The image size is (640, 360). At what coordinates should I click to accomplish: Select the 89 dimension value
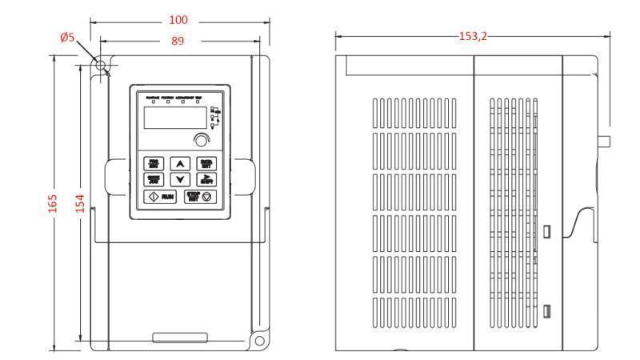click(177, 40)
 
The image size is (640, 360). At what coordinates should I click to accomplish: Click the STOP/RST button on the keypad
click(198, 195)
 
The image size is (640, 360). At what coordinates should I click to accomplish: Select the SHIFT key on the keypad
click(206, 179)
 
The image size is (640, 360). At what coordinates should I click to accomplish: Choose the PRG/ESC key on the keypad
click(152, 163)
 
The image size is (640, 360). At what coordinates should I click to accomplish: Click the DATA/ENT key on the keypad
click(206, 163)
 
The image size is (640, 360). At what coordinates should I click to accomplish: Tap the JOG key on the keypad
click(152, 179)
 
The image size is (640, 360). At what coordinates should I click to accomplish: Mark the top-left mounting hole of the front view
click(102, 65)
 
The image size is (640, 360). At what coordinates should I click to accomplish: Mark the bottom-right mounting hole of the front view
click(260, 341)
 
